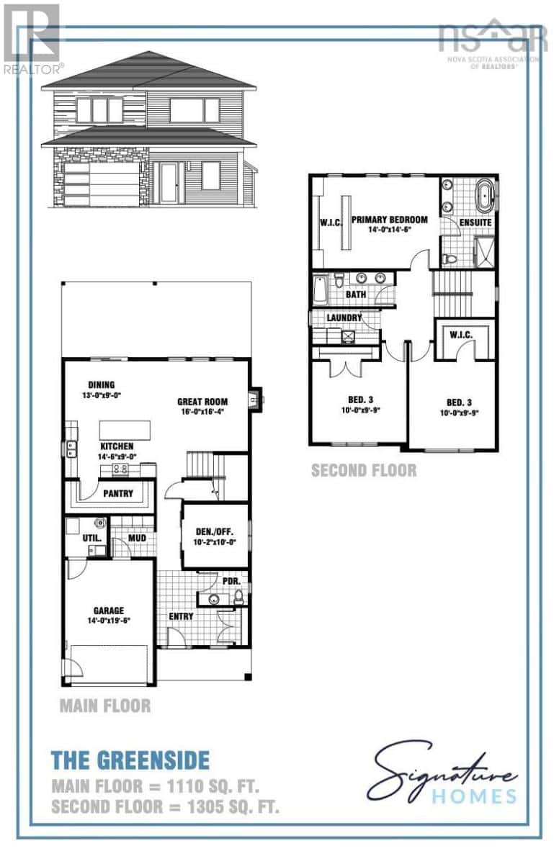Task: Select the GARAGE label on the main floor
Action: [107, 611]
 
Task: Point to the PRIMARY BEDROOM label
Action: [389, 220]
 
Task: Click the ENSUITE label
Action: [476, 222]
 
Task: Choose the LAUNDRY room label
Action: [344, 318]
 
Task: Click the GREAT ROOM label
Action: [203, 402]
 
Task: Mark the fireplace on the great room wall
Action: [254, 397]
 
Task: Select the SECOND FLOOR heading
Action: [363, 470]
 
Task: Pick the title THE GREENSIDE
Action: [130, 760]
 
